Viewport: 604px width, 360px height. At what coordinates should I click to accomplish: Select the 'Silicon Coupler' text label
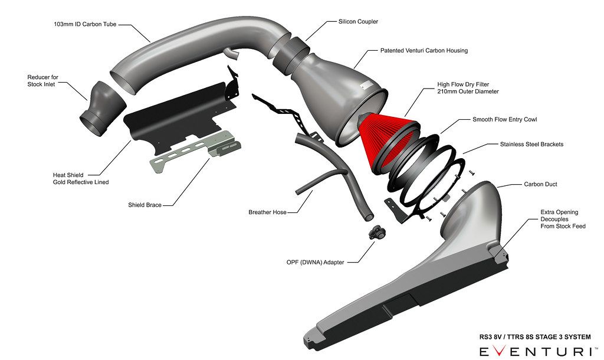point(358,22)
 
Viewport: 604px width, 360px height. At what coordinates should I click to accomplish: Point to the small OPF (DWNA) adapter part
point(376,232)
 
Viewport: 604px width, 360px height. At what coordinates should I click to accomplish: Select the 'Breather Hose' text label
point(267,212)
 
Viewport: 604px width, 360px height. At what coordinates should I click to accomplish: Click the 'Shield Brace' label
point(145,205)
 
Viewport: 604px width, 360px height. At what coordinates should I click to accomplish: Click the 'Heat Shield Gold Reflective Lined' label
point(80,179)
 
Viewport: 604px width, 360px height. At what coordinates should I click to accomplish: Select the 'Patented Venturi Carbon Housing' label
point(424,51)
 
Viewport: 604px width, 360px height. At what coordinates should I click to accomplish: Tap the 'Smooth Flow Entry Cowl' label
point(504,119)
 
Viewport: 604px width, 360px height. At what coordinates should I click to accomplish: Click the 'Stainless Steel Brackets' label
point(531,144)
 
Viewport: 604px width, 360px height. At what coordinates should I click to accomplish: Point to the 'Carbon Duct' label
point(540,184)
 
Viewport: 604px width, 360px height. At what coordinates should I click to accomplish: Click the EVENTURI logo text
point(534,352)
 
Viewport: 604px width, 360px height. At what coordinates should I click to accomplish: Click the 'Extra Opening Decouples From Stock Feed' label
point(563,219)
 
